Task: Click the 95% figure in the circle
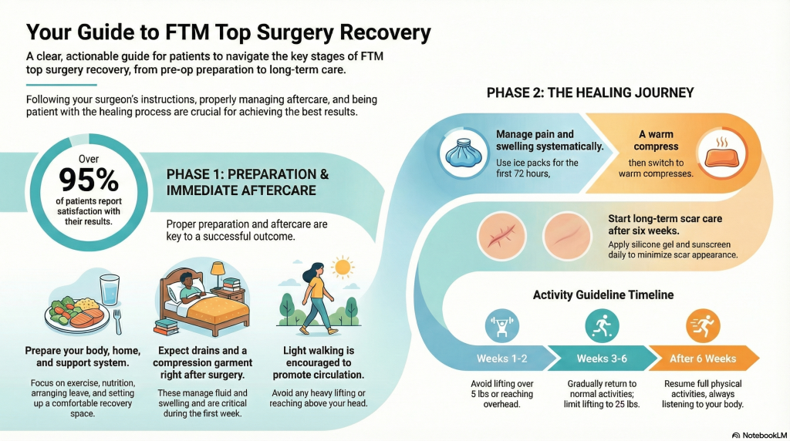[89, 180]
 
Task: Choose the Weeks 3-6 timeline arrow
[603, 359]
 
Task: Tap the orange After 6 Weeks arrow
[704, 359]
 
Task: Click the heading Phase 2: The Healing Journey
[590, 93]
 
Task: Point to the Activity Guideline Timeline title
[603, 295]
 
